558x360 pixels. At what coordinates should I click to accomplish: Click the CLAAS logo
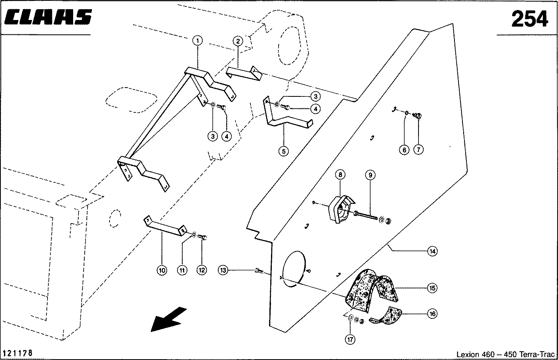[x=48, y=18]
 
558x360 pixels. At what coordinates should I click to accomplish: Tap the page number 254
[x=529, y=18]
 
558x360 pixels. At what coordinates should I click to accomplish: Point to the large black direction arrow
[x=168, y=319]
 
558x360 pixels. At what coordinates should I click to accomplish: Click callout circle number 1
[x=197, y=40]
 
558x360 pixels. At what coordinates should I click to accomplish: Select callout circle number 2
[x=237, y=41]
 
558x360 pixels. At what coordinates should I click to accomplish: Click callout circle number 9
[x=370, y=175]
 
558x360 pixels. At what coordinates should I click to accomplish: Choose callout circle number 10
[x=162, y=270]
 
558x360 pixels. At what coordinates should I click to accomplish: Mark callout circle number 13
[x=223, y=270]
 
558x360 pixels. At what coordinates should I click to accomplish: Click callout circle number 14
[x=432, y=251]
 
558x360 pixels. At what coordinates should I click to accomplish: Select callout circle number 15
[x=432, y=288]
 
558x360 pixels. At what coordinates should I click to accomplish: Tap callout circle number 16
[x=432, y=314]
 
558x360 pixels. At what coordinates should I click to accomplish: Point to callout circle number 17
[x=350, y=340]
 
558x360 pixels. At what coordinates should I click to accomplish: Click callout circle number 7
[x=418, y=150]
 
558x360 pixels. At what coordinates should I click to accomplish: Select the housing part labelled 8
[x=340, y=208]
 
